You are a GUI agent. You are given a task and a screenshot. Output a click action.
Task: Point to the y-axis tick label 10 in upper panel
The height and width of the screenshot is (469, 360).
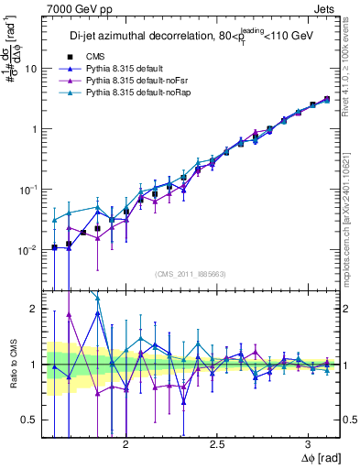[31, 69]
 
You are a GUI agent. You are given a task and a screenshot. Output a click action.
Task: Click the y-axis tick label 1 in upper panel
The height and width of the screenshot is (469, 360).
[34, 129]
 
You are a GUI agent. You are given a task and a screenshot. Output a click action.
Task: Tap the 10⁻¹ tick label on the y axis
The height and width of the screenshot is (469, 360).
[29, 189]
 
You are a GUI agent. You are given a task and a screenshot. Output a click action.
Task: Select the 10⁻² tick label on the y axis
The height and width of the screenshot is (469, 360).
[29, 249]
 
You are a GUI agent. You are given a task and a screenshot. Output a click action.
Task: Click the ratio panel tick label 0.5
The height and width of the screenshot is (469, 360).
[29, 420]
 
